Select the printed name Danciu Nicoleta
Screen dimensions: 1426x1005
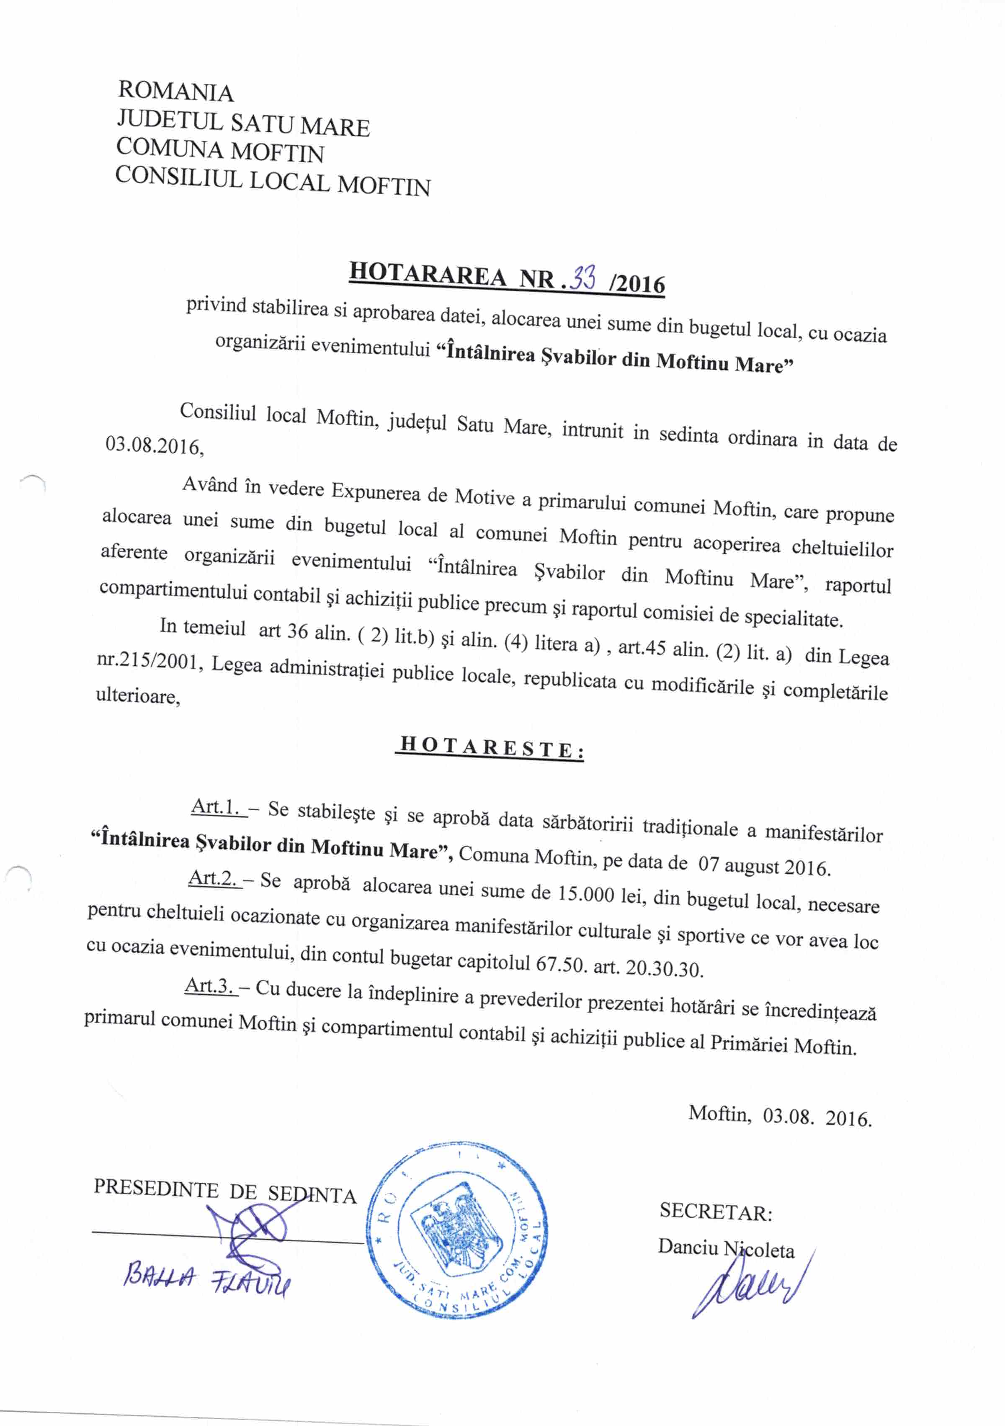pyautogui.click(x=726, y=1248)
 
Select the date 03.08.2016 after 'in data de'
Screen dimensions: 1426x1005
pyautogui.click(x=154, y=446)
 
